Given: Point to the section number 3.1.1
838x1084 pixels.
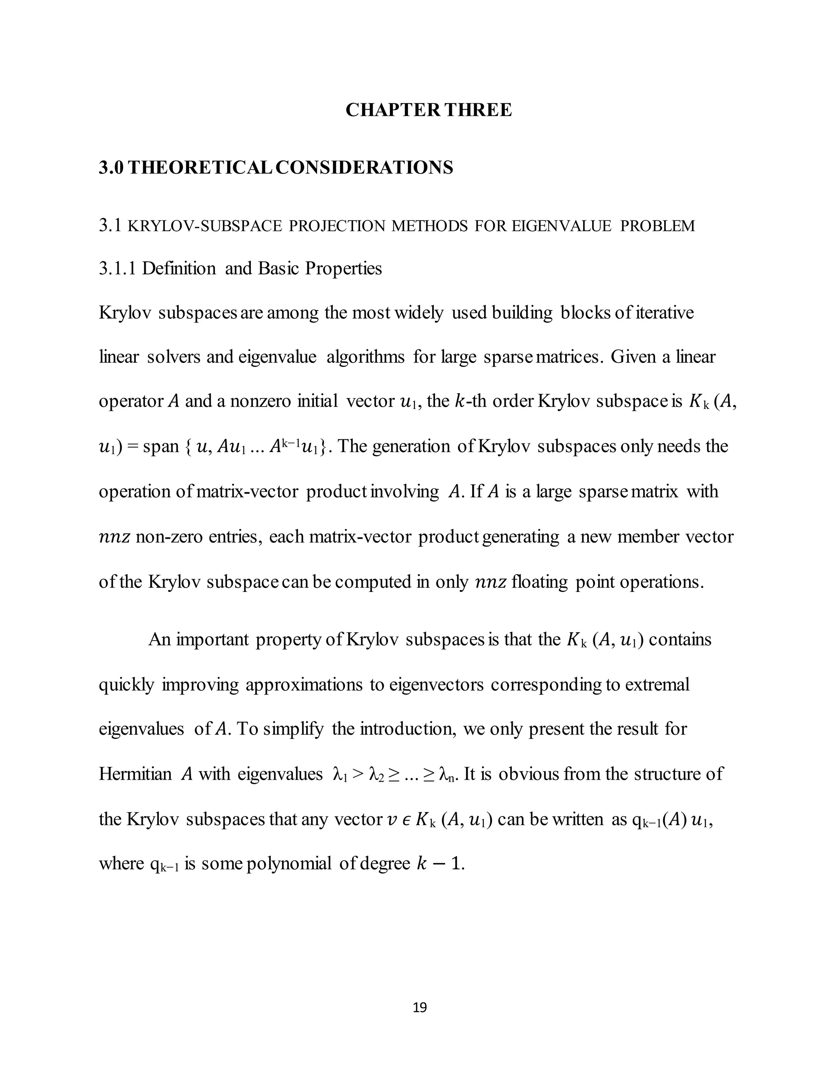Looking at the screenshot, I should pos(117,268).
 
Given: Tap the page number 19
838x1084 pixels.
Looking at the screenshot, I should pos(419,1007).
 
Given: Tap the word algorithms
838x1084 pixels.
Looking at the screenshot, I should pos(365,357).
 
